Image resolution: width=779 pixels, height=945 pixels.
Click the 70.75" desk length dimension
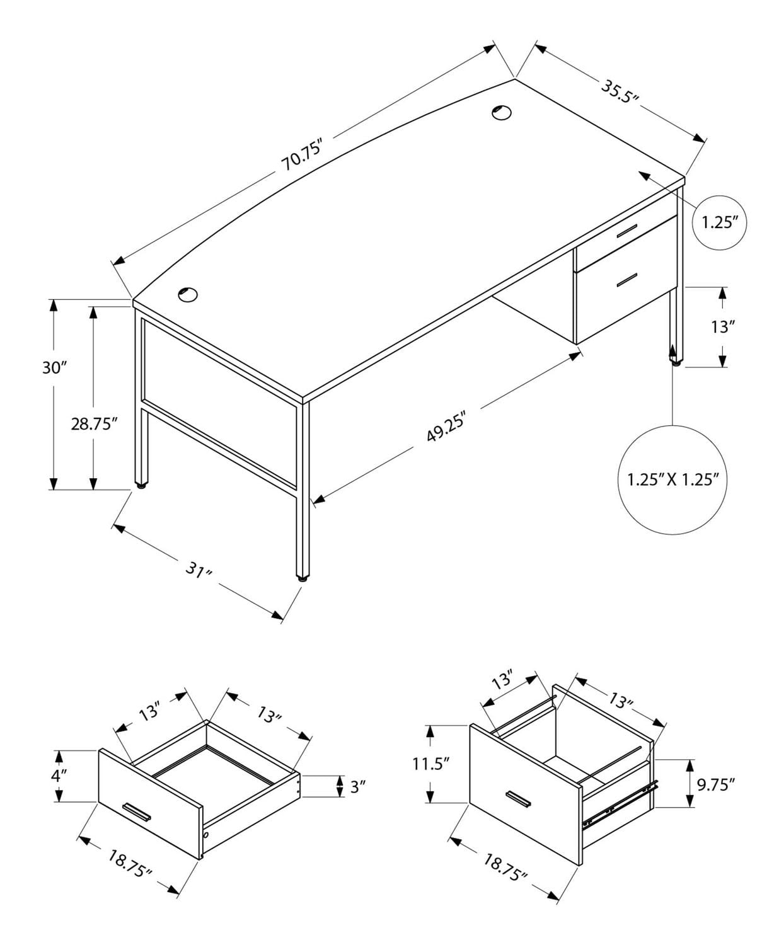302,156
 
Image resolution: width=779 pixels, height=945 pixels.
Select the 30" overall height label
54,367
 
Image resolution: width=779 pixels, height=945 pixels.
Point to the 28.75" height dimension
95,423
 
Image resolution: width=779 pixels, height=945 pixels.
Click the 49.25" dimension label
445,427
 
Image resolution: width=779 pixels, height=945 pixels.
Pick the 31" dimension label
198,571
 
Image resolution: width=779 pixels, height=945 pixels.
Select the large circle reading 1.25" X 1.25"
672,479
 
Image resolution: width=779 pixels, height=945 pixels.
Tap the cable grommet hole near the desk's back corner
501,112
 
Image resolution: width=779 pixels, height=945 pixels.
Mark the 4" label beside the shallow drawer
59,775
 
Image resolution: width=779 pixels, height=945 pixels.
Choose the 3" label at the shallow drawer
357,786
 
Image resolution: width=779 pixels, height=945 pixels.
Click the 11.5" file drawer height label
431,764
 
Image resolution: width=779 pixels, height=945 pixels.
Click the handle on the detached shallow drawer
137,812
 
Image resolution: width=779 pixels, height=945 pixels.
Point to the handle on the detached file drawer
516,798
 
